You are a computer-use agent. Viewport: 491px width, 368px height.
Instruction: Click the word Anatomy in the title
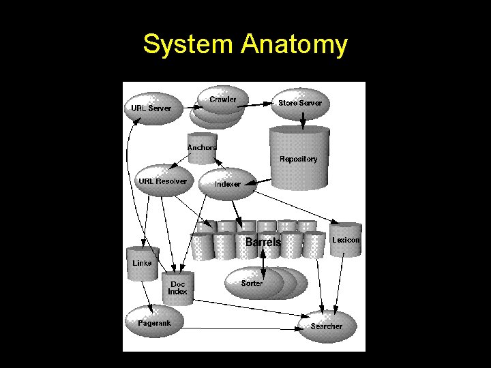coord(294,46)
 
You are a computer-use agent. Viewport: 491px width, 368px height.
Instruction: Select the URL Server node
coord(152,108)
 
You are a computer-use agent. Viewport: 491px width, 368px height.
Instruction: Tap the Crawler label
coord(223,99)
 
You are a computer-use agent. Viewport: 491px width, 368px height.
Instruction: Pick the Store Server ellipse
coord(300,103)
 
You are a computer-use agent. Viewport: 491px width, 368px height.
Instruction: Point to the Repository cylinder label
coord(299,159)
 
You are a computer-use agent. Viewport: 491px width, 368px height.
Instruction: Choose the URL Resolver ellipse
coord(162,181)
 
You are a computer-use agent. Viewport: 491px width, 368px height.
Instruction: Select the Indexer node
coord(227,184)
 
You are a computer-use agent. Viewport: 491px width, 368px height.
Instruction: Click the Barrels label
coord(263,243)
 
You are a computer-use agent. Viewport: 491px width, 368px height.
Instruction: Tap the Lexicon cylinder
coord(346,240)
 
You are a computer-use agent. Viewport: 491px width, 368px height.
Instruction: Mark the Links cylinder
coord(143,263)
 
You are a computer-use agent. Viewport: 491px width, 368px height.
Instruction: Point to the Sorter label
coord(252,283)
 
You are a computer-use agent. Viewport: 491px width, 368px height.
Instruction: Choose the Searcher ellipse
coord(327,326)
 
